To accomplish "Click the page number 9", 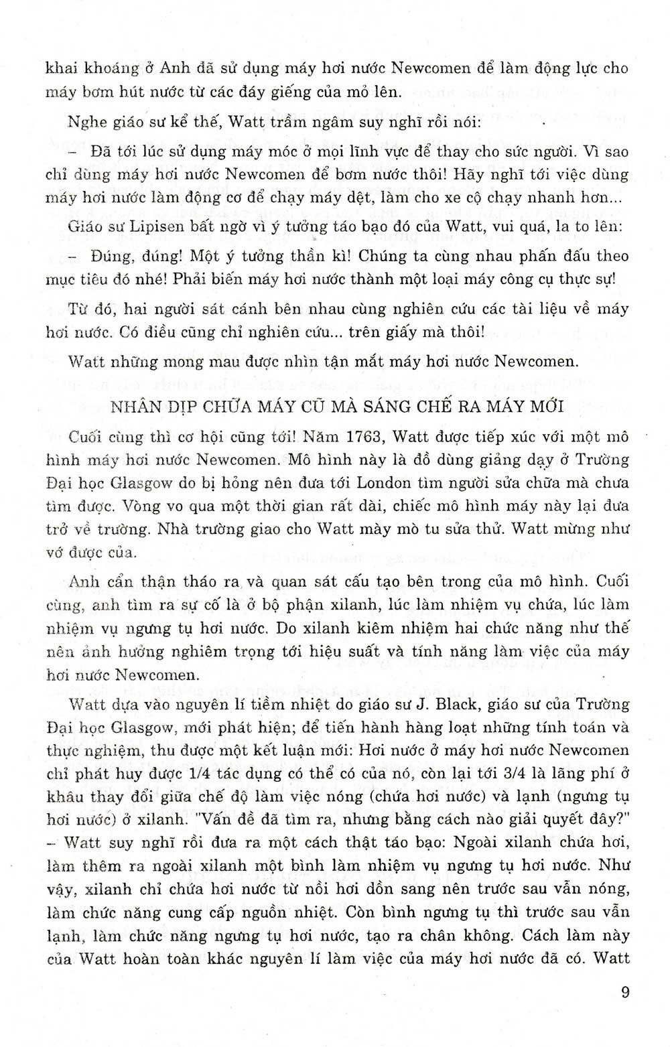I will [x=625, y=992].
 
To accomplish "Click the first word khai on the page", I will [x=59, y=68].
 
